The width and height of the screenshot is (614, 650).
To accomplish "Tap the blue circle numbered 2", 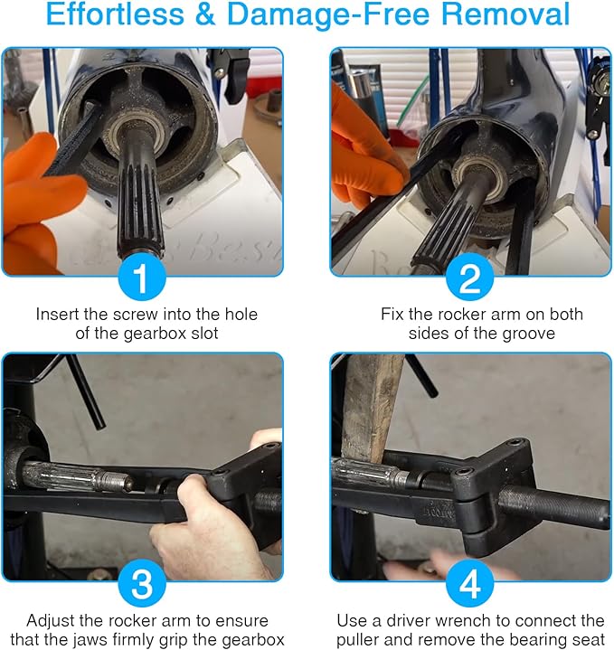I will click(469, 279).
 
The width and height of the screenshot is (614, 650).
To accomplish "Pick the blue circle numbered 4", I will click(469, 585).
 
